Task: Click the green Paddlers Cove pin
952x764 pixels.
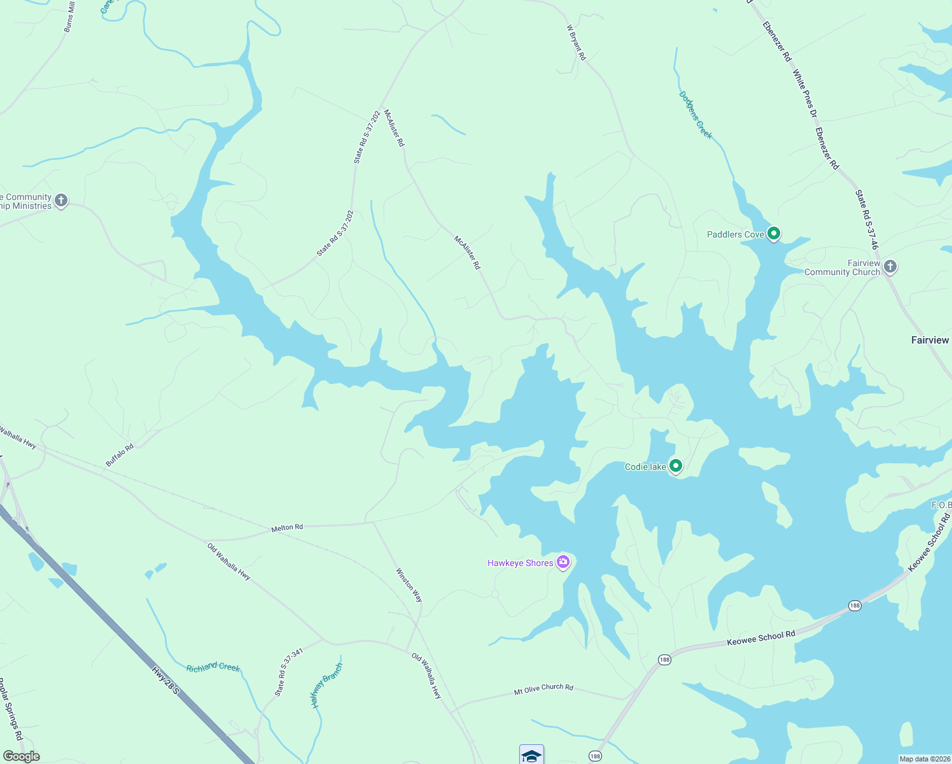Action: point(773,234)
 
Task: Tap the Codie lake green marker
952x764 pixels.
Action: point(676,466)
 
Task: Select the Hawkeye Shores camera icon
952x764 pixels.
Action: point(563,562)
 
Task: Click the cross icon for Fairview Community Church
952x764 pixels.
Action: point(890,267)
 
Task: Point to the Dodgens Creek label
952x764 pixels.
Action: point(696,115)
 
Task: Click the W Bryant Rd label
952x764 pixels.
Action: point(576,43)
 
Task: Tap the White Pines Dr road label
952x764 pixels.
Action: point(804,94)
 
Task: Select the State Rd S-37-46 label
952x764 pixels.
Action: point(867,219)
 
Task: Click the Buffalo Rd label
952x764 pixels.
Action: point(120,455)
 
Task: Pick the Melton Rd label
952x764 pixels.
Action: point(287,528)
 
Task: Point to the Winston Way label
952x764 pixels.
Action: point(409,585)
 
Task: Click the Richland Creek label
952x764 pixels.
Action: point(213,667)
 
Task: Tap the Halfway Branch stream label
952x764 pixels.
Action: point(326,686)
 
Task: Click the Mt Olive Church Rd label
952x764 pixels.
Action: point(543,688)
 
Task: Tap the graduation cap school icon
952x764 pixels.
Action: point(531,755)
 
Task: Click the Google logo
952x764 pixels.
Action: point(21,756)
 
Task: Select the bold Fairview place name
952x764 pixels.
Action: point(930,340)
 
